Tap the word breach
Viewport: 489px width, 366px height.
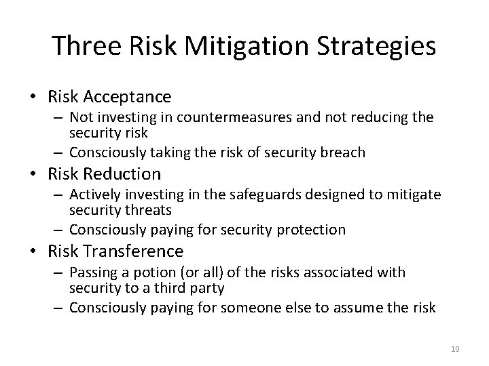tap(344, 152)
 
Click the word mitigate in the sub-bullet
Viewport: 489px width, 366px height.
tap(414, 195)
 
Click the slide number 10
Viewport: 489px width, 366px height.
tap(455, 349)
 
